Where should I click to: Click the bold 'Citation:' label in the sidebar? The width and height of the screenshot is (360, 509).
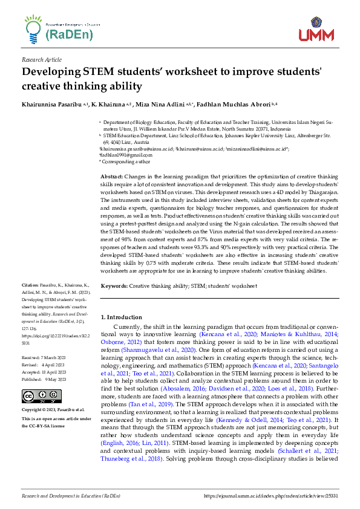pyautogui.click(x=30, y=283)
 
